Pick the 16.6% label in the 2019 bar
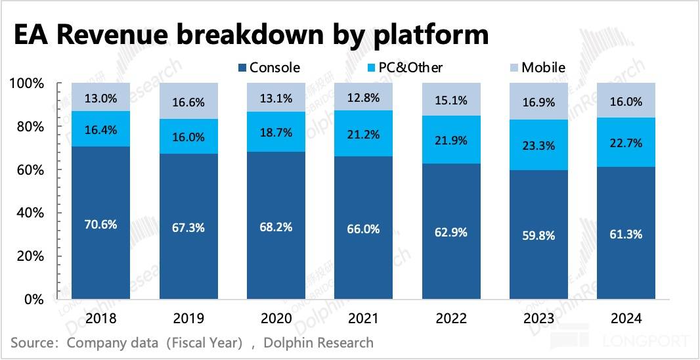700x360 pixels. (188, 102)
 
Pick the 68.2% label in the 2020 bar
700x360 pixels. (276, 226)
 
